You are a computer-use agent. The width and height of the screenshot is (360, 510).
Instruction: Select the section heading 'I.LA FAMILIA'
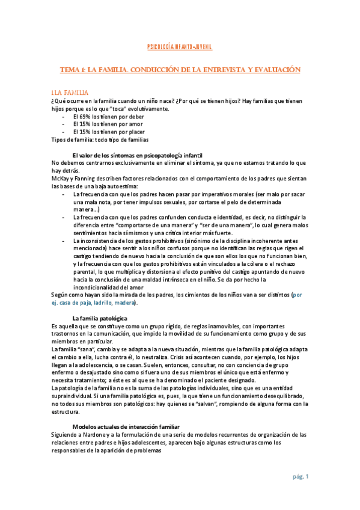click(x=69, y=93)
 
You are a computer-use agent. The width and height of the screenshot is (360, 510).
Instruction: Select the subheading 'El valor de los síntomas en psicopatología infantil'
click(x=138, y=155)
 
